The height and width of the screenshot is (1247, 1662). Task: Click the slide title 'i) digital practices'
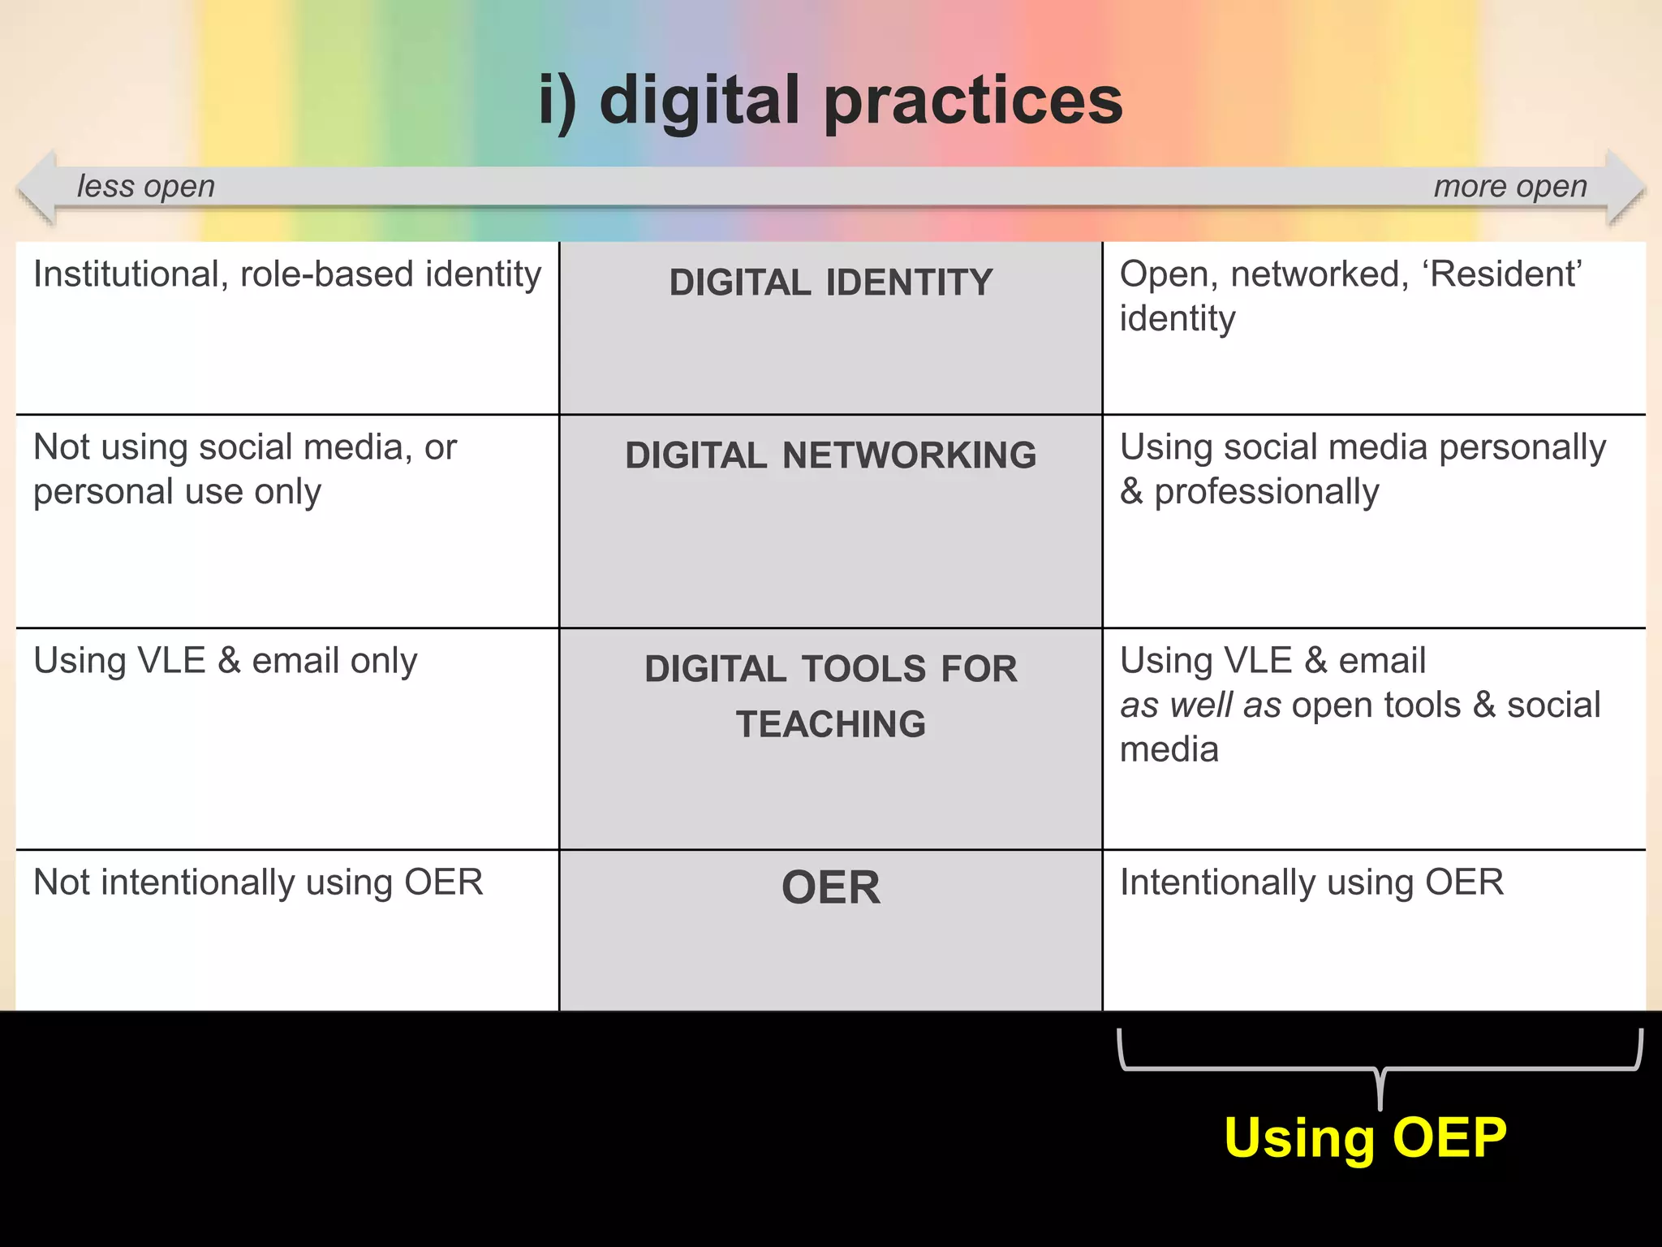click(830, 101)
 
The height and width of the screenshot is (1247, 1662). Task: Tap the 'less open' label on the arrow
click(146, 187)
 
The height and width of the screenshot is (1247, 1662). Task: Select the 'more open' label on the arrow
click(1510, 187)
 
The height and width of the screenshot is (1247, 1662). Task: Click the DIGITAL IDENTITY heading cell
click(830, 283)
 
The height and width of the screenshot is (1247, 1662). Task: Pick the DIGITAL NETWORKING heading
click(830, 455)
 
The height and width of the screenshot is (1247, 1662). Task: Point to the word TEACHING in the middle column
click(830, 724)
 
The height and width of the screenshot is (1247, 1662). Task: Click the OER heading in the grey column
click(830, 887)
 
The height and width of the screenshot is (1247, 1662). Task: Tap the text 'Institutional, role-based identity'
click(287, 274)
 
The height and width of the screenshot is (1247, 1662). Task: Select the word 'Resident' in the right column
click(1505, 274)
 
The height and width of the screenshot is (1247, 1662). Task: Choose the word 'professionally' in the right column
click(1266, 492)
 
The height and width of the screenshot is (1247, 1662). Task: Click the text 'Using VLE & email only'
click(225, 661)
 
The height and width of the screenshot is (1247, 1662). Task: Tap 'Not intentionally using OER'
click(258, 882)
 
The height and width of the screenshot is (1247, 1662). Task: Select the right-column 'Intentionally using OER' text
click(1311, 882)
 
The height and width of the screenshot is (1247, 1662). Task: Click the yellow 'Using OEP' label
click(1365, 1137)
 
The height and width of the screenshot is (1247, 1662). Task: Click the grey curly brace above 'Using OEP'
click(1380, 1069)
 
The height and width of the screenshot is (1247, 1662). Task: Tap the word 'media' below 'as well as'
click(1169, 749)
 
